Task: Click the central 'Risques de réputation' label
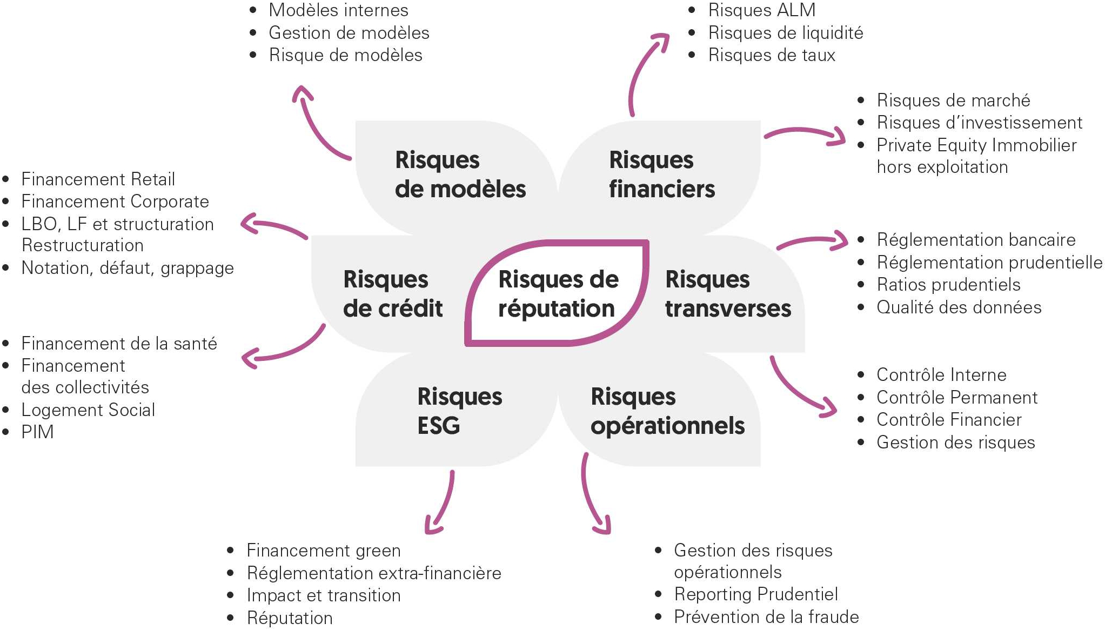pyautogui.click(x=558, y=294)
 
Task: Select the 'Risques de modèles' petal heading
pyautogui.click(x=460, y=175)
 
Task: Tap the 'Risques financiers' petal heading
pyautogui.click(x=661, y=175)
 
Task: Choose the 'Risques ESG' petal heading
pyautogui.click(x=459, y=411)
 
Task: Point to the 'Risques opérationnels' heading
pyautogui.click(x=667, y=411)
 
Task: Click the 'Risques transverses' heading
pyautogui.click(x=728, y=294)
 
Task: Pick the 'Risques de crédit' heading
pyautogui.click(x=393, y=294)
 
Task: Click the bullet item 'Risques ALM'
pyautogui.click(x=761, y=10)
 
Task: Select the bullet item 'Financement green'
pyautogui.click(x=323, y=551)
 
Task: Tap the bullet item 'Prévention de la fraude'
pyautogui.click(x=766, y=617)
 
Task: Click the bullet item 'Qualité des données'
pyautogui.click(x=959, y=307)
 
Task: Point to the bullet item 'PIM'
pyautogui.click(x=37, y=432)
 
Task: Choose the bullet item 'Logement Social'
pyautogui.click(x=88, y=410)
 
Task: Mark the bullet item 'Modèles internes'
pyautogui.click(x=338, y=10)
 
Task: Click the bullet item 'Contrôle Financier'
pyautogui.click(x=949, y=420)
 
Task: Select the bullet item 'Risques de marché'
pyautogui.click(x=953, y=100)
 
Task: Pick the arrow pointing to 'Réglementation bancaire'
pyautogui.click(x=813, y=241)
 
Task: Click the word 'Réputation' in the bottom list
pyautogui.click(x=290, y=618)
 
